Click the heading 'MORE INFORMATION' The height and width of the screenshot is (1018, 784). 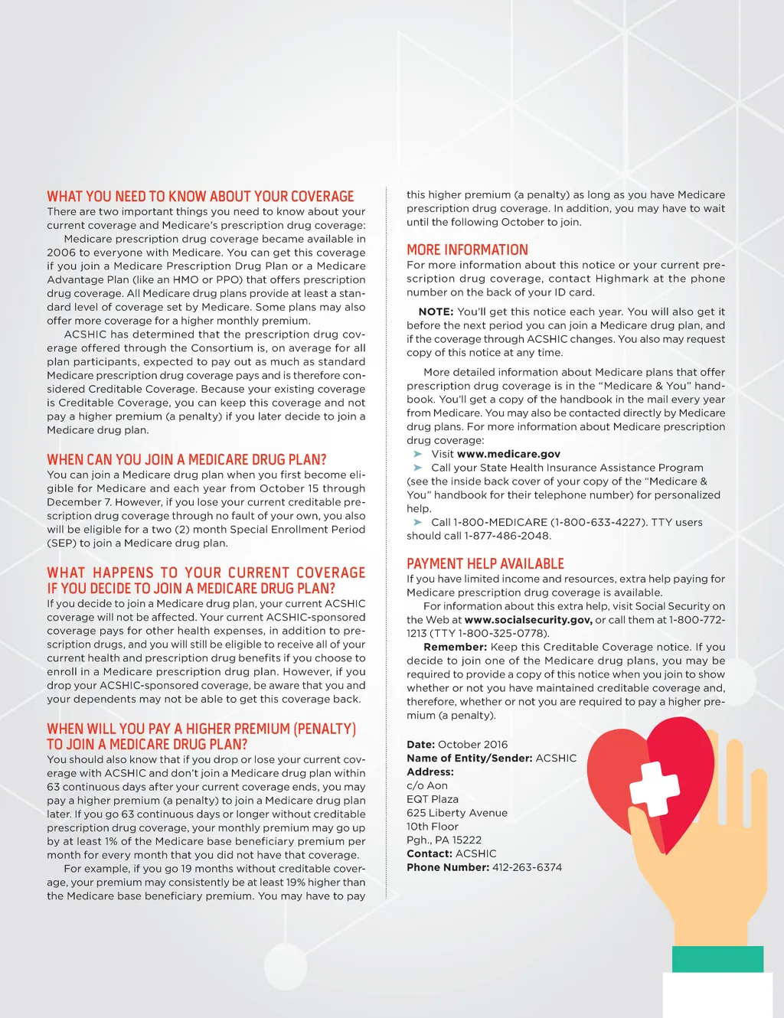pos(467,250)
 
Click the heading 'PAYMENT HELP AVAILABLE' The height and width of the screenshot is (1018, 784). pos(485,564)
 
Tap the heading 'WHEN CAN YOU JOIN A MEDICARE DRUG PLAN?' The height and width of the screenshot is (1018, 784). pos(187,460)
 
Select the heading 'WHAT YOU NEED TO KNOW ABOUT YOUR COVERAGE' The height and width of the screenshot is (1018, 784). pos(201,197)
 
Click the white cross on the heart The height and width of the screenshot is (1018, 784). pos(654,788)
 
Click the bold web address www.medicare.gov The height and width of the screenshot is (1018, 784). pos(508,454)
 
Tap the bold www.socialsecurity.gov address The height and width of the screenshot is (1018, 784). pos(528,620)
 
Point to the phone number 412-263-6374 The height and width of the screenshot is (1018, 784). pos(527,867)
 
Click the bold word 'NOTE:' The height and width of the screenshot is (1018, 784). pos(436,312)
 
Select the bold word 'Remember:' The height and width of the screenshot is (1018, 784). pos(455,647)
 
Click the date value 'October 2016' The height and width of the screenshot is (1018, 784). pos(472,744)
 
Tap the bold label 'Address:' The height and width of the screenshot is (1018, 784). pos(430,772)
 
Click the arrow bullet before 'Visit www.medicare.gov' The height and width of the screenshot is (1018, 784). pos(418,454)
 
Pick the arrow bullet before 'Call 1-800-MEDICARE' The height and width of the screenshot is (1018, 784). pos(418,522)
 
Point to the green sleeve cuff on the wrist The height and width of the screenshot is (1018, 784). pos(717,959)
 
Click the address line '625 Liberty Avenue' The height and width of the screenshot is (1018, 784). pos(457,813)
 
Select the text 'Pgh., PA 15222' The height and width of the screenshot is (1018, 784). pos(444,840)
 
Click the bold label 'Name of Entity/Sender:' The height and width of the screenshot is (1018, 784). pos(469,758)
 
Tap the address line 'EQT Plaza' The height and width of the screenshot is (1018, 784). pos(433,799)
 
